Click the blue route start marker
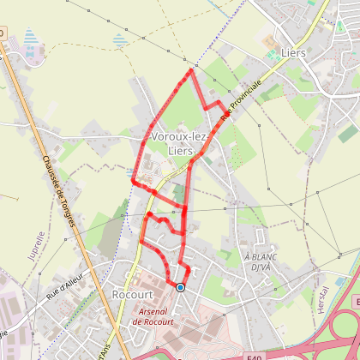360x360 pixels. pos(180,288)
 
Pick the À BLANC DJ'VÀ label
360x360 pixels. pos(258,262)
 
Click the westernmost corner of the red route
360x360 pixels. pos(132,181)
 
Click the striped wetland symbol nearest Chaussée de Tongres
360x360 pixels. pos(32,39)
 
